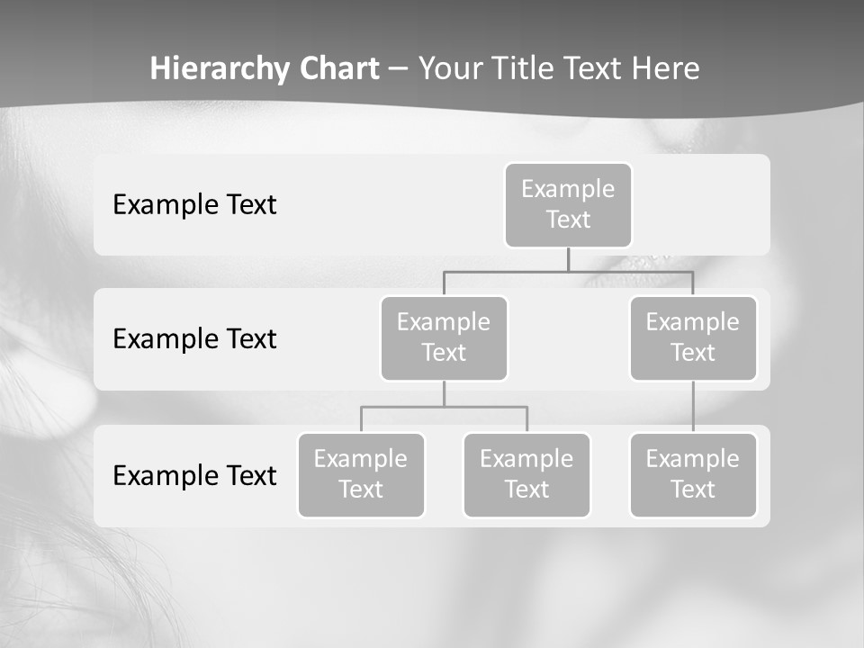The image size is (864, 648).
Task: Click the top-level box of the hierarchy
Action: point(568,205)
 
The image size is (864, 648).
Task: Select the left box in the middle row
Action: point(444,338)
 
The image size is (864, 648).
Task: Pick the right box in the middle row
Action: point(693,338)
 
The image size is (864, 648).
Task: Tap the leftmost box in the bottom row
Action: point(361,475)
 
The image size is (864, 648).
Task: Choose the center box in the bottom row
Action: point(526,475)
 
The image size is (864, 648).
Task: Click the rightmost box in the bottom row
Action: point(693,475)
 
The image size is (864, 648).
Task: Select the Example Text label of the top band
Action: point(194,205)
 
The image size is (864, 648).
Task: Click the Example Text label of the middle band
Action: point(194,339)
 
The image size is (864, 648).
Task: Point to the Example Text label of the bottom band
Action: point(194,475)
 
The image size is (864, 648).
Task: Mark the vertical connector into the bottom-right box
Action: point(693,407)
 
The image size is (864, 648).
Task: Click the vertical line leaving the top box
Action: point(568,259)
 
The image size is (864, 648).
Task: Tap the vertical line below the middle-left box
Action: point(444,393)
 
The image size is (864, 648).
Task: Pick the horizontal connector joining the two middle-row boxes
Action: point(568,271)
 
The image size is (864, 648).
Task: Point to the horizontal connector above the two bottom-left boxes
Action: point(444,407)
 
